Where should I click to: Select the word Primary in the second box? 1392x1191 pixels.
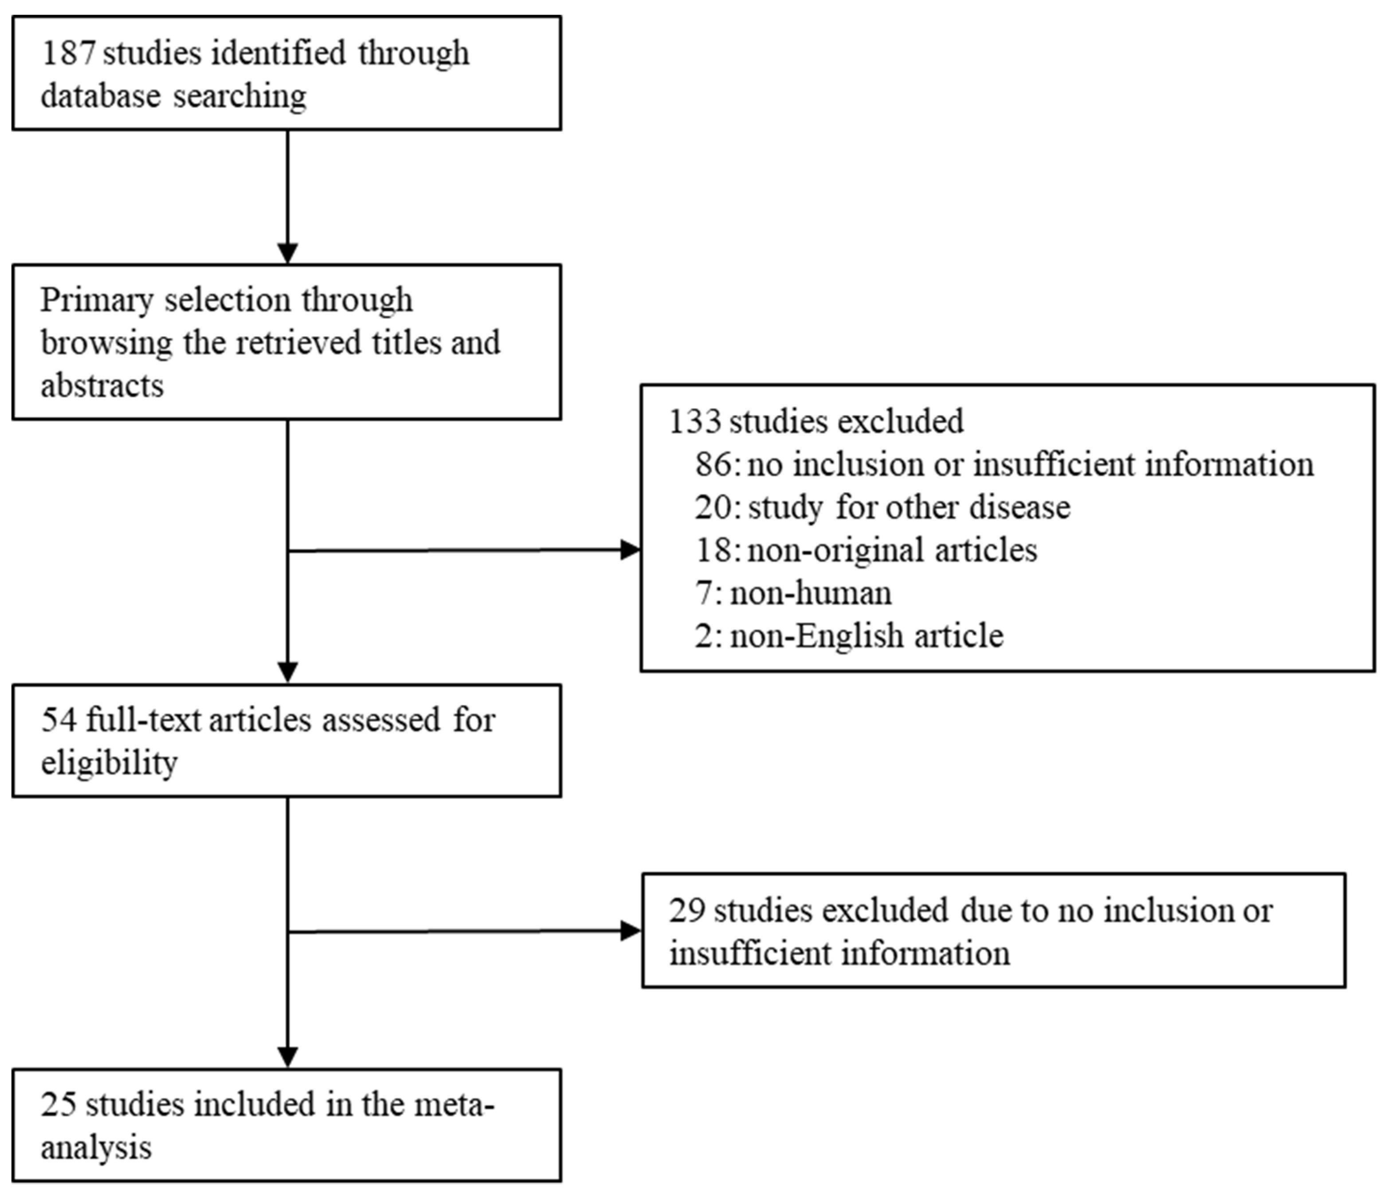pyautogui.click(x=97, y=300)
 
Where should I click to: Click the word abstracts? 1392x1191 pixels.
pyautogui.click(x=102, y=386)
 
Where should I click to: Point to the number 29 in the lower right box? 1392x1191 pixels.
pyautogui.click(x=686, y=911)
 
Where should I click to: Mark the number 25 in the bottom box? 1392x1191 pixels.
pyautogui.click(x=59, y=1105)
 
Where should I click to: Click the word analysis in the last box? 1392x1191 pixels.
pyautogui.click(x=96, y=1148)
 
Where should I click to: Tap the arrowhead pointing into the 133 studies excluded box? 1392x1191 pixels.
pyautogui.click(x=630, y=550)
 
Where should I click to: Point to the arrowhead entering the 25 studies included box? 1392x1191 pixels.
pyautogui.click(x=287, y=1057)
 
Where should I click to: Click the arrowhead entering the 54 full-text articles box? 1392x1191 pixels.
pyautogui.click(x=287, y=673)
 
